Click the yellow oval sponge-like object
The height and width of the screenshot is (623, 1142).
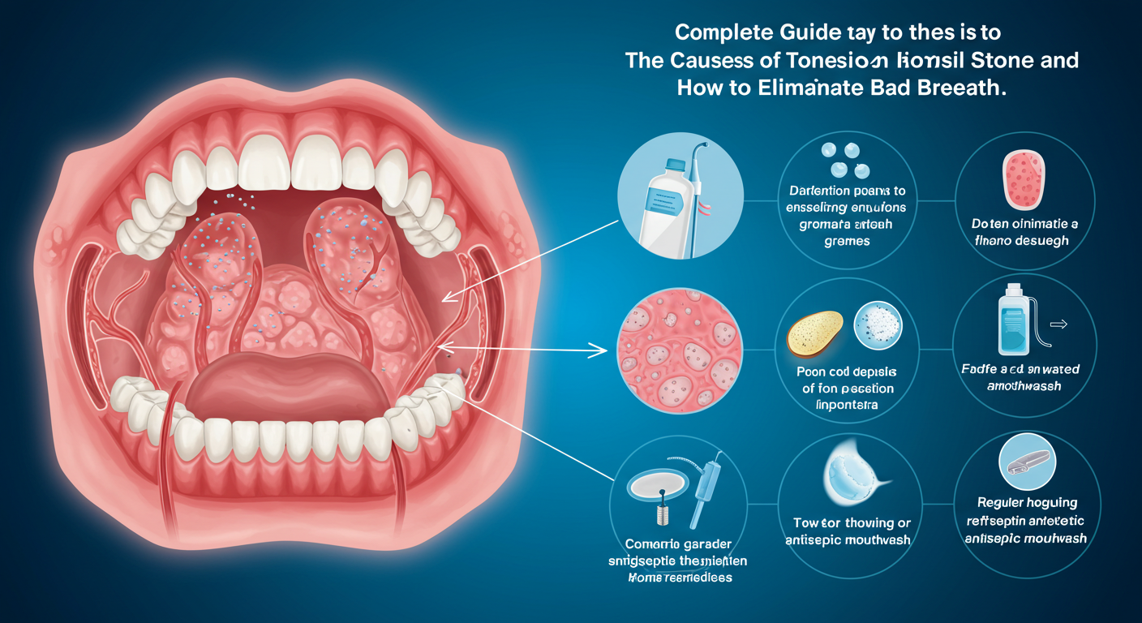818,334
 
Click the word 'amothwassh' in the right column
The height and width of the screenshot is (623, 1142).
1025,386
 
